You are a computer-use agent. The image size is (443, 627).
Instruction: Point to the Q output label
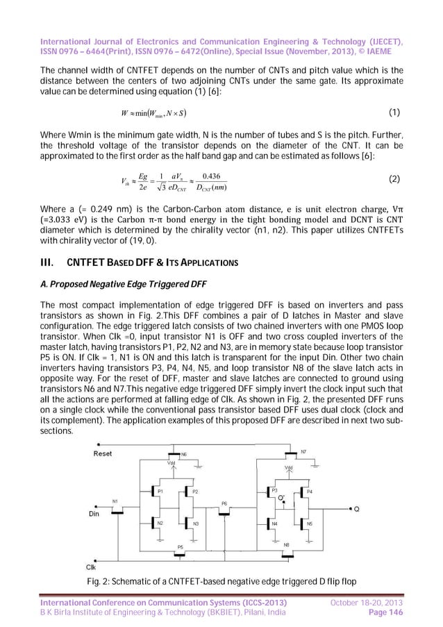pyautogui.click(x=356, y=509)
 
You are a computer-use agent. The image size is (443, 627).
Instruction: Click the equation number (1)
pyautogui.click(x=394, y=112)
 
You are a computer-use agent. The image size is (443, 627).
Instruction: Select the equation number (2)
pyautogui.click(x=394, y=178)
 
